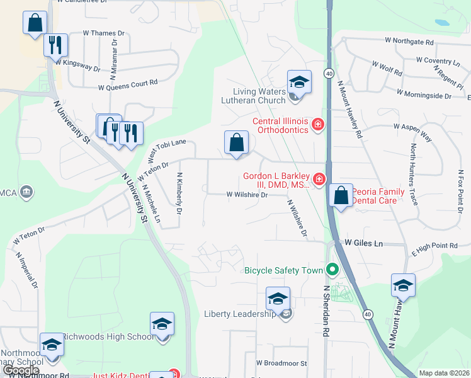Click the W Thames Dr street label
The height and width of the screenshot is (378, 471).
104,33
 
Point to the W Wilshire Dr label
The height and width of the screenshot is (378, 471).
247,195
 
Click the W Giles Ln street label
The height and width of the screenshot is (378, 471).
363,243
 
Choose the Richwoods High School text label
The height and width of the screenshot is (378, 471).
108,336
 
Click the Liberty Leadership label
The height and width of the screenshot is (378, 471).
240,314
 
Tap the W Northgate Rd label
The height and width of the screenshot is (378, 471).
409,42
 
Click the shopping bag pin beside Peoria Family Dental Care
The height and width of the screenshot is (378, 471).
341,196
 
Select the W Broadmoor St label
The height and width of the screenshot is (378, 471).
281,364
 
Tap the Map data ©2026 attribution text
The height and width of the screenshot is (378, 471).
445,373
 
